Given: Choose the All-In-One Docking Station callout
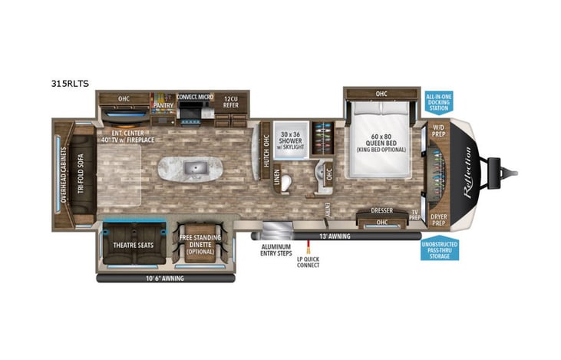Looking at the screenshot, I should (x=438, y=101).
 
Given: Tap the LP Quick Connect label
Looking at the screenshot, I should (x=309, y=261).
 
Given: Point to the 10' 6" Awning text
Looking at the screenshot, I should (x=163, y=279).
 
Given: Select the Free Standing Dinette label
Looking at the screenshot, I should (x=200, y=244).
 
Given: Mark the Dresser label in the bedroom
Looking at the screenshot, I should (x=382, y=210).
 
